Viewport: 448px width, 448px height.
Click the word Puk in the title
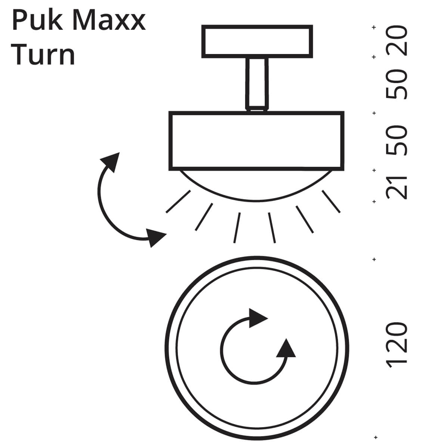(37, 21)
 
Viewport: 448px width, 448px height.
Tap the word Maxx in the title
(109, 21)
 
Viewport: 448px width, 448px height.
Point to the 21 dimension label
(396, 188)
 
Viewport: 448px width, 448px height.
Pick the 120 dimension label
(396, 345)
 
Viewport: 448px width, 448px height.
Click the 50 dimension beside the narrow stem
(396, 84)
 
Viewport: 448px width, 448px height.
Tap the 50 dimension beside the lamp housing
(396, 140)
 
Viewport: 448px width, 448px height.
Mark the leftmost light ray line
(178, 201)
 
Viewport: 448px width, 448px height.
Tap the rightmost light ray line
(331, 201)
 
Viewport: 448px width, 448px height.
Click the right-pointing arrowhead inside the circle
(257, 318)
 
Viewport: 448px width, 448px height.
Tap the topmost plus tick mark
(374, 27)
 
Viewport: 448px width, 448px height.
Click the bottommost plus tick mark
(376, 437)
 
